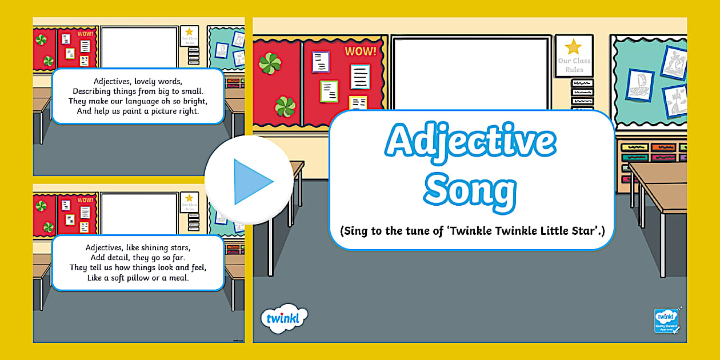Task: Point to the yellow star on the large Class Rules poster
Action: coord(573,46)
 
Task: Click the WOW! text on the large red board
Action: coord(361,51)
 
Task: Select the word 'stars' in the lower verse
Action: coord(178,247)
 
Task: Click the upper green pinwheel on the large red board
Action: coord(270,63)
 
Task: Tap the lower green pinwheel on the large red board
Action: coord(284,106)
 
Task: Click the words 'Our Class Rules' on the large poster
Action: coord(574,65)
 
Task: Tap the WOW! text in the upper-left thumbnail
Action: coord(85,34)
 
